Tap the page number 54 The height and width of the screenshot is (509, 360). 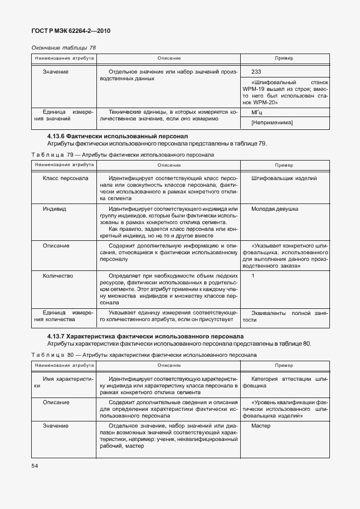pyautogui.click(x=35, y=464)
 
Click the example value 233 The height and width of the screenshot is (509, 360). pyautogui.click(x=256, y=72)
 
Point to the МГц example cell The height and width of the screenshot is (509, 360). pyautogui.click(x=257, y=113)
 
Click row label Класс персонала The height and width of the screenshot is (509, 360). pyautogui.click(x=65, y=178)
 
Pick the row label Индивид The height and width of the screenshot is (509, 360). pyautogui.click(x=55, y=209)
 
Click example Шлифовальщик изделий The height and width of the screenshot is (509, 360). pyautogui.click(x=284, y=178)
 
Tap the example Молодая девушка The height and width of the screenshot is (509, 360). pyautogui.click(x=275, y=209)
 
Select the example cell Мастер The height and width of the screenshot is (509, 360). pyautogui.click(x=261, y=426)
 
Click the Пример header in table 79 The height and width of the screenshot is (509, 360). pyautogui.click(x=284, y=165)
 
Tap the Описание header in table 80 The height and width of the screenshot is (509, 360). pyautogui.click(x=169, y=366)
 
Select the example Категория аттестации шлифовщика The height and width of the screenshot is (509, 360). pyautogui.click(x=284, y=382)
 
